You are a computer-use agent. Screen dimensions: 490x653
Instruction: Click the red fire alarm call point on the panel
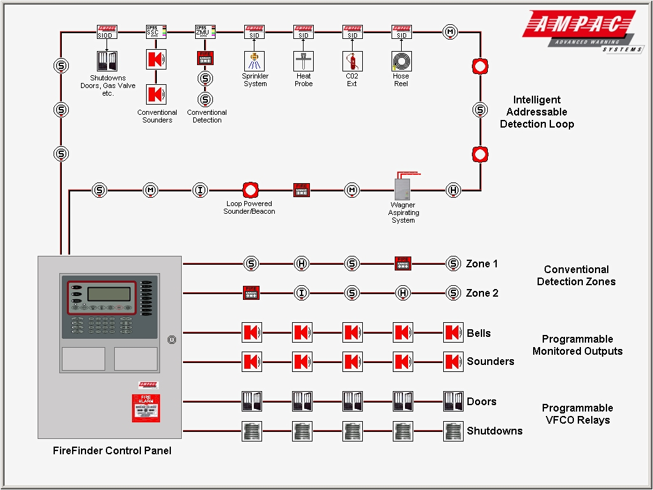point(146,408)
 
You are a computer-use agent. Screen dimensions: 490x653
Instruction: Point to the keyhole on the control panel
point(171,340)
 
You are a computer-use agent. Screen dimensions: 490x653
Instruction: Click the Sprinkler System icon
point(254,61)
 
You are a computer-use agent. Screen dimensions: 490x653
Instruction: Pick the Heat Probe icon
point(304,61)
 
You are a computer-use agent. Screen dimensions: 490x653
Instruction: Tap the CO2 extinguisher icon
point(353,61)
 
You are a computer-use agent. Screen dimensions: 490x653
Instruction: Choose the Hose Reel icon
point(401,61)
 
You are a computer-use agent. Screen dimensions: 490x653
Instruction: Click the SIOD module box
point(107,31)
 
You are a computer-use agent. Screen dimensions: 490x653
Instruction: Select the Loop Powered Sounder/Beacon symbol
point(250,190)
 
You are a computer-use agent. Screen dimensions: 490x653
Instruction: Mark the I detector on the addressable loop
point(200,189)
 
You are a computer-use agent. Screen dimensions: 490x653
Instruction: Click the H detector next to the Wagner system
point(453,189)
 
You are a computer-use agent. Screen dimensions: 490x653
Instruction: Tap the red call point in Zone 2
point(251,293)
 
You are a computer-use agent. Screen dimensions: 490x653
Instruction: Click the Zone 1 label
point(481,264)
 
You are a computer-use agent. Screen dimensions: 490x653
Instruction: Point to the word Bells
point(478,333)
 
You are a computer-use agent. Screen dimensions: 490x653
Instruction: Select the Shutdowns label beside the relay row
point(494,431)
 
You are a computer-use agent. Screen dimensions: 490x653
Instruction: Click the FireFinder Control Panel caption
point(112,450)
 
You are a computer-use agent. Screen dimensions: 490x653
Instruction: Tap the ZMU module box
point(205,31)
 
